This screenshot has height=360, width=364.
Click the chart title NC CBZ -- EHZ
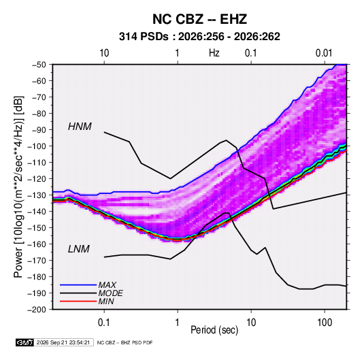point(199,19)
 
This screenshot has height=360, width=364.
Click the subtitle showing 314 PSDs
point(199,37)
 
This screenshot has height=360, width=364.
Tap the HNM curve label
point(80,127)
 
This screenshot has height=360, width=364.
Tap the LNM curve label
point(79,249)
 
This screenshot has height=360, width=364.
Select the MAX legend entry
point(107,284)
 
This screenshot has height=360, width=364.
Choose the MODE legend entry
point(110,293)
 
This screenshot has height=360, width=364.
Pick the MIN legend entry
point(106,301)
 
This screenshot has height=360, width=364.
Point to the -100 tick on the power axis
point(37,146)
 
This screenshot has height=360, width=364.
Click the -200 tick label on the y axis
point(37,310)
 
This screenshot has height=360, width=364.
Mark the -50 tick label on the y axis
point(39,65)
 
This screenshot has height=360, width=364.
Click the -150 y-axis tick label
point(37,228)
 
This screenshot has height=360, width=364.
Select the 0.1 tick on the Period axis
point(104,323)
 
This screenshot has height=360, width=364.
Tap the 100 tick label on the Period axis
point(325,323)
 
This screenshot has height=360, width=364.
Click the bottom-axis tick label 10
point(251,323)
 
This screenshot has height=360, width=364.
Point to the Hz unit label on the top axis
point(214,53)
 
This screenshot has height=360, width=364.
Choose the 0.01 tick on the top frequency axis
point(324,53)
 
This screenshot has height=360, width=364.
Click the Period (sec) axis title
point(214,330)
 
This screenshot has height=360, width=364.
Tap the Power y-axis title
point(18,186)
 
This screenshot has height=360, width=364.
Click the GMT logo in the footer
point(25,342)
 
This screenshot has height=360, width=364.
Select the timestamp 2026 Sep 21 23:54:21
point(63,342)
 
